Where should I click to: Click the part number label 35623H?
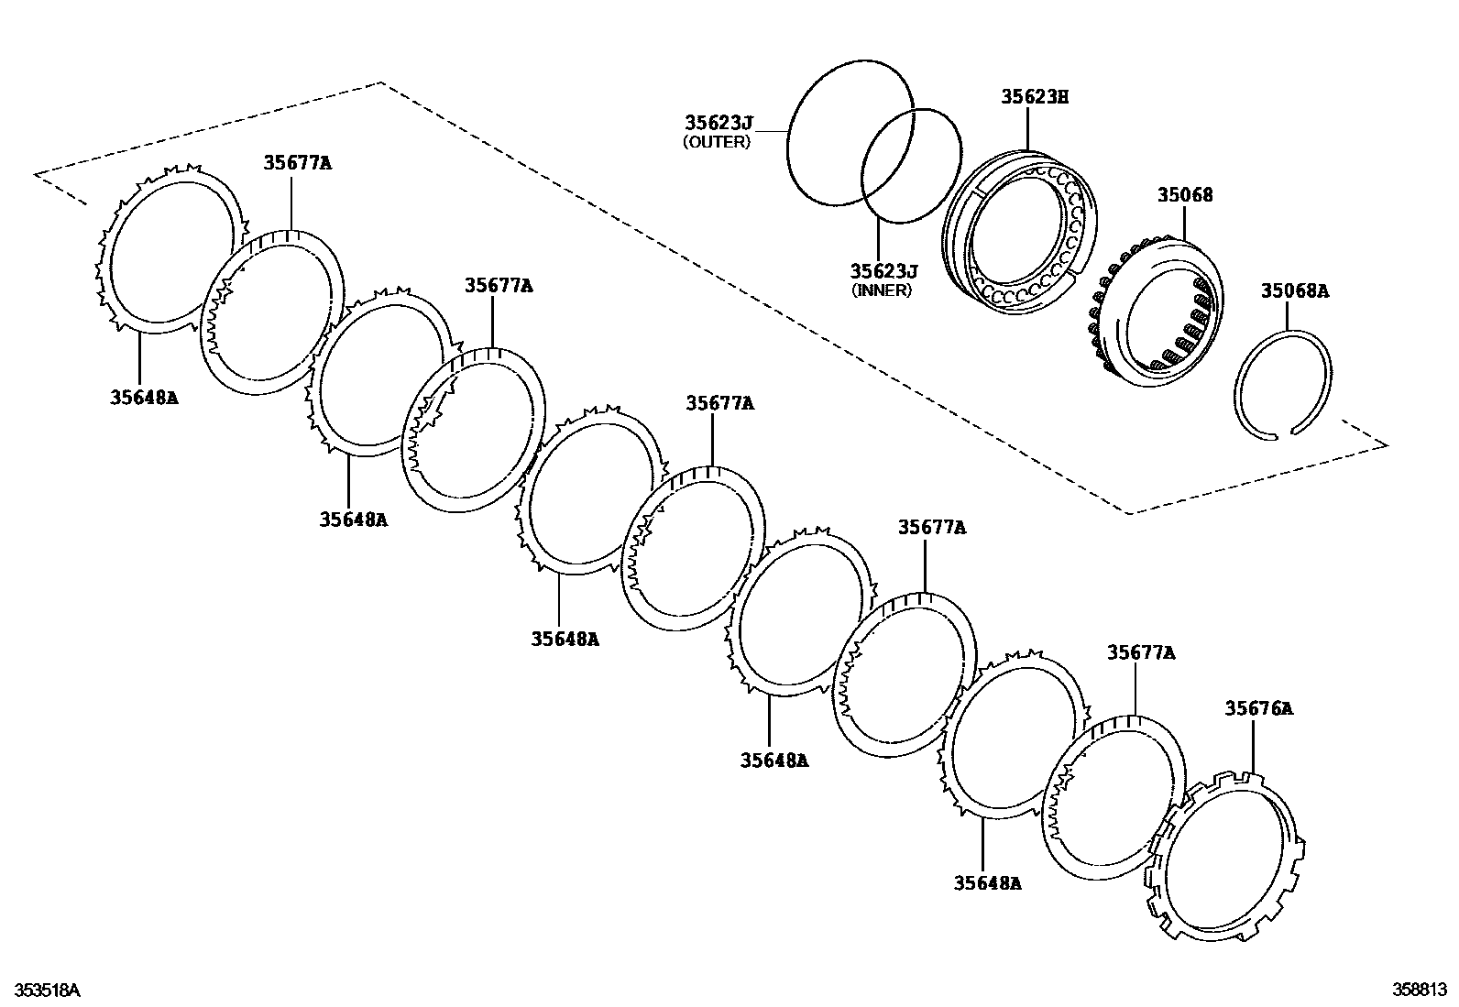coord(1035,96)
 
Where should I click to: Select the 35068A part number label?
coord(1294,290)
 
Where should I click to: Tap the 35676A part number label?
coord(1259,707)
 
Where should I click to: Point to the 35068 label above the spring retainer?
coord(1184,194)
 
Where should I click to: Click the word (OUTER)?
coord(717,142)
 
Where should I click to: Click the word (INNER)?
coord(882,290)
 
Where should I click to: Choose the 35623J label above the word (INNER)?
coord(883,270)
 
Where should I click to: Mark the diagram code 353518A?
coord(45,991)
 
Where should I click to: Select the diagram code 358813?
coord(1420,990)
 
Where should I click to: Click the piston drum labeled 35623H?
coord(1017,234)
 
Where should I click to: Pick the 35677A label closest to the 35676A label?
coord(1140,652)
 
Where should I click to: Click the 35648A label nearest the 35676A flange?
coord(987,882)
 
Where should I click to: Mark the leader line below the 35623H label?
coord(1028,128)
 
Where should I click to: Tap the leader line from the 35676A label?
coord(1253,747)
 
